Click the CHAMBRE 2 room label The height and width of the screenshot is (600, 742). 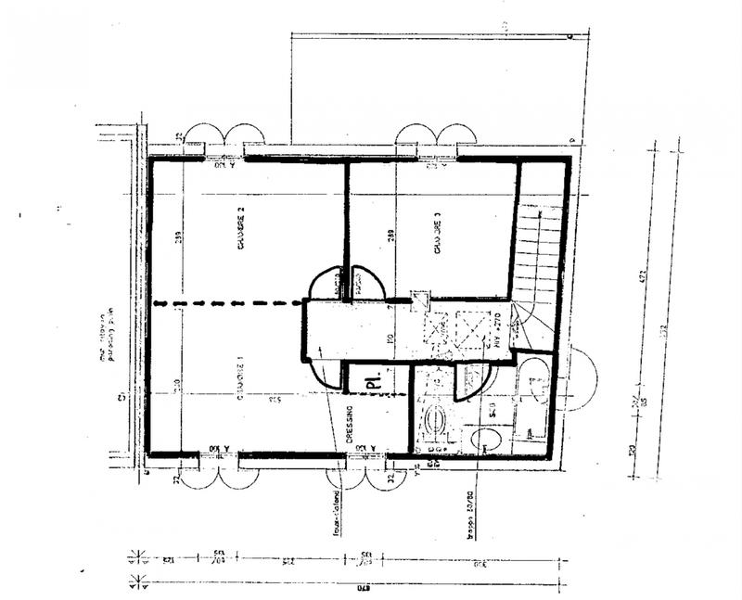click(x=240, y=226)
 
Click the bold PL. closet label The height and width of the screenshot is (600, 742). click(x=373, y=380)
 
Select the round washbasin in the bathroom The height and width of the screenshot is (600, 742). click(x=434, y=426)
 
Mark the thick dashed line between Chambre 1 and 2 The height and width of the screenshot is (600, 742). click(x=227, y=303)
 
